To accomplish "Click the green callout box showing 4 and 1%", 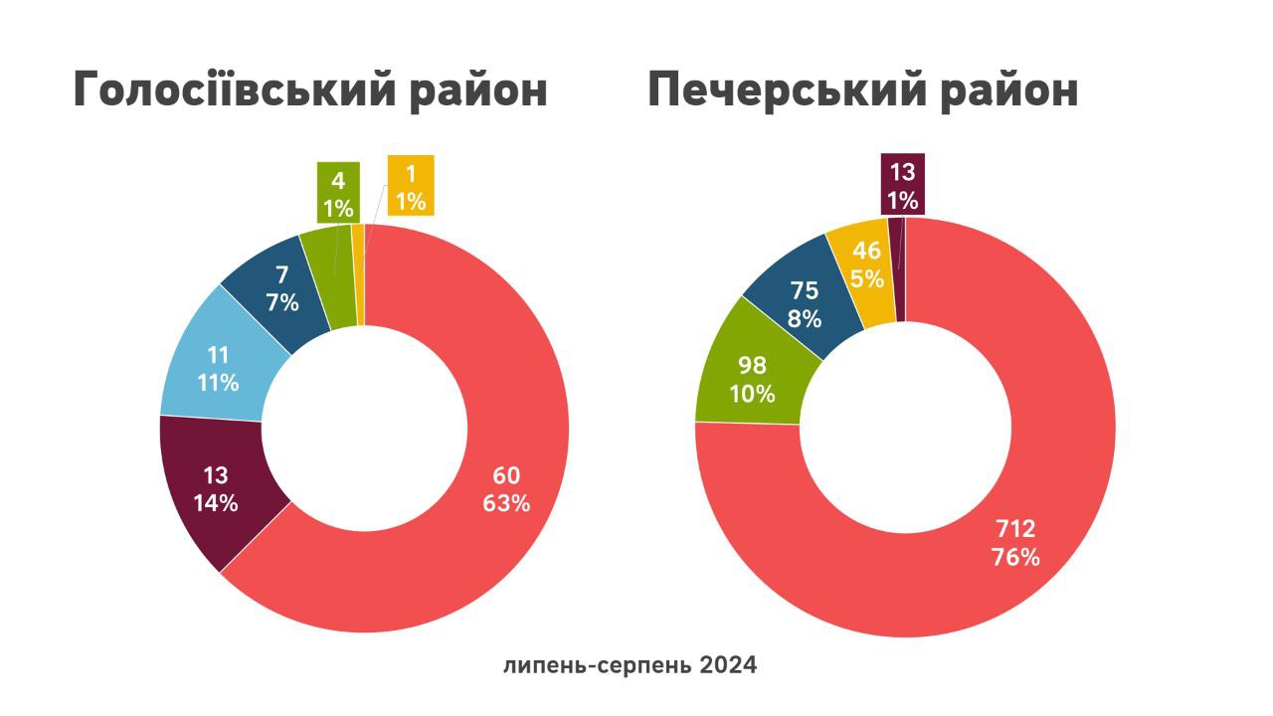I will pos(338,192).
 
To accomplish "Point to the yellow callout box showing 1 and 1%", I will pos(410,187).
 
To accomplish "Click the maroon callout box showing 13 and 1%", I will pos(902,184).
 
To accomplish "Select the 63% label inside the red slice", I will pos(506,503).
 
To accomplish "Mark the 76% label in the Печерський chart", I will pos(1015,557).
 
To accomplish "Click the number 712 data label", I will pos(1015,529).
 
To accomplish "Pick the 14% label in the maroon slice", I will pos(216,503).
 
